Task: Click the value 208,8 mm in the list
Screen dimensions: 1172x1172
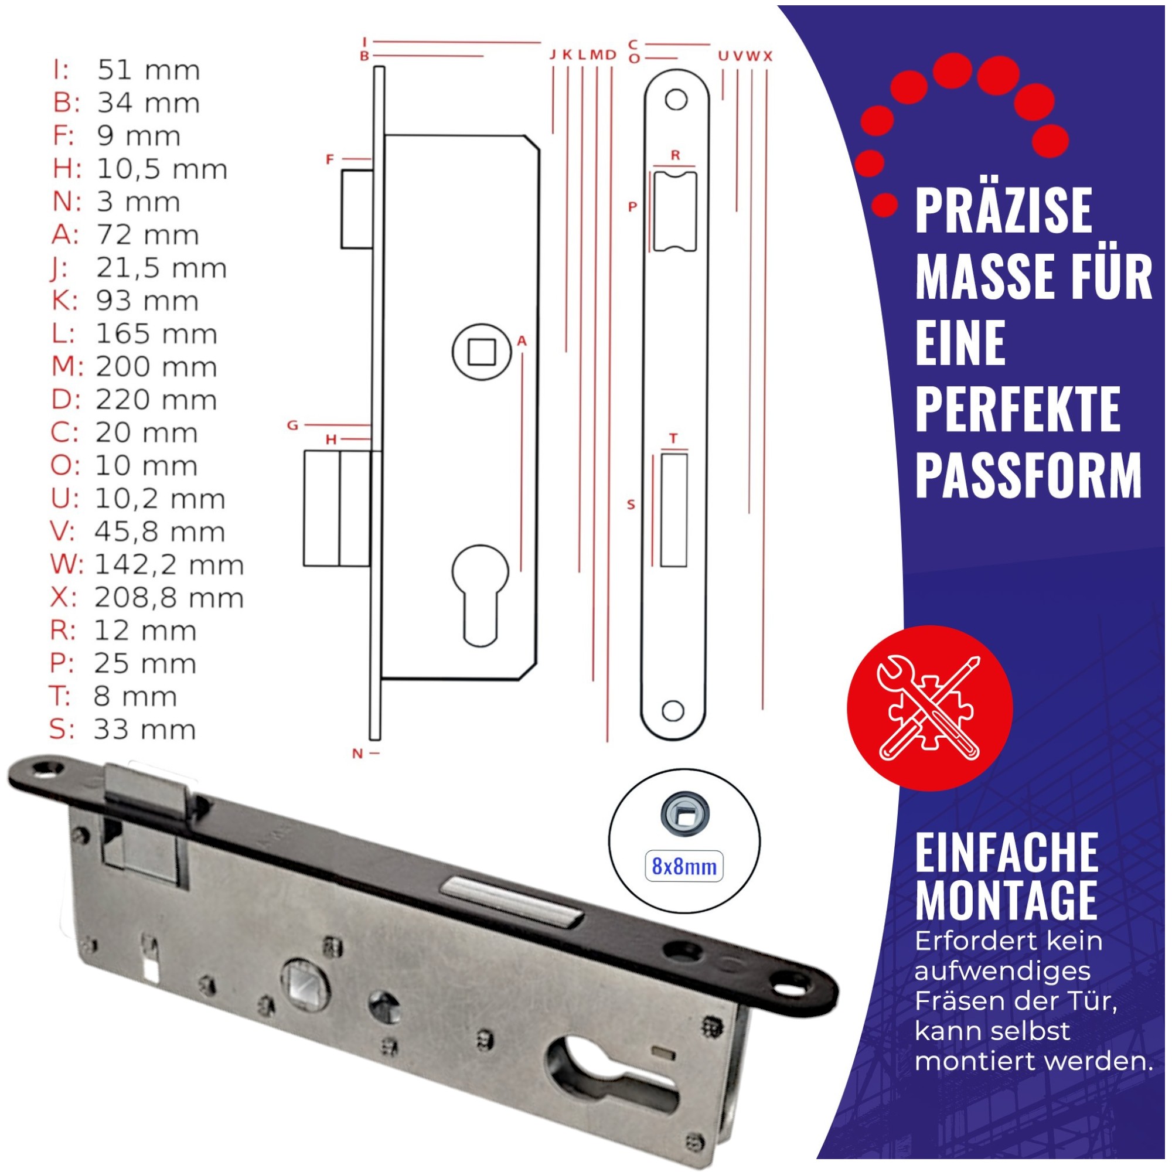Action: [169, 598]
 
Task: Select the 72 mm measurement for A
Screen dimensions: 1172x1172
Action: [147, 235]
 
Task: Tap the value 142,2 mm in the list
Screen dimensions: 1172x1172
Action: [169, 565]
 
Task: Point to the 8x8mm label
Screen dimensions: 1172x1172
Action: [684, 867]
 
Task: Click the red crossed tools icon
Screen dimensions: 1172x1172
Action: [929, 708]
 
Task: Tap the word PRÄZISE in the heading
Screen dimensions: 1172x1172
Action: [1003, 210]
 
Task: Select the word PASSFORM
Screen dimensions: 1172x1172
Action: [1028, 476]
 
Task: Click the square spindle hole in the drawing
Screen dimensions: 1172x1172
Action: [482, 352]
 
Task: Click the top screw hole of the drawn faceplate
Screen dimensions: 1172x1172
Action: [676, 100]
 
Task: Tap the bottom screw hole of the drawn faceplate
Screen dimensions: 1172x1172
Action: [673, 710]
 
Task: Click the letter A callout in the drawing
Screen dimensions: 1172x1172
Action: [522, 342]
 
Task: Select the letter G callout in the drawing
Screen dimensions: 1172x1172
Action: [292, 425]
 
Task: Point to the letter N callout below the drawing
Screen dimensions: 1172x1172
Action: [357, 754]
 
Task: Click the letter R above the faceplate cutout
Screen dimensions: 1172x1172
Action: [675, 155]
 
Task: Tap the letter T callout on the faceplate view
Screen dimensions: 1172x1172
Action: [673, 438]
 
